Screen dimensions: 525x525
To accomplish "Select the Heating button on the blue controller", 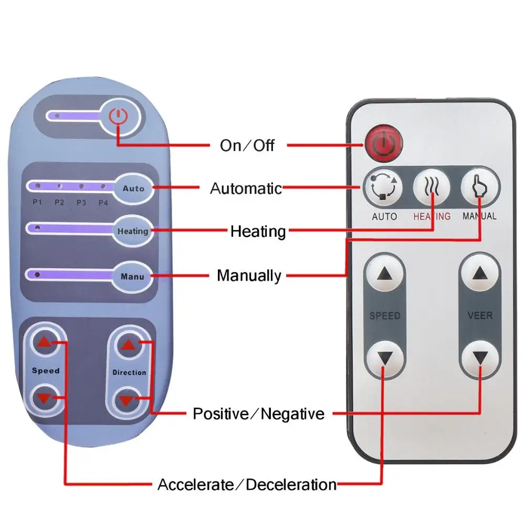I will (133, 231).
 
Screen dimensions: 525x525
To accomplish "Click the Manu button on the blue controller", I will (133, 275).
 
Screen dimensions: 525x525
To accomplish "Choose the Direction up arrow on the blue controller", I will (128, 344).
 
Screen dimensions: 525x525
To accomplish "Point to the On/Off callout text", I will (247, 145).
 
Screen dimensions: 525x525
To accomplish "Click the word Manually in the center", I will (249, 275).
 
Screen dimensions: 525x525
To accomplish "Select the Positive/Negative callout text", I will (258, 414).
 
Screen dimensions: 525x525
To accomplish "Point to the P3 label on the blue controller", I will (81, 202).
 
